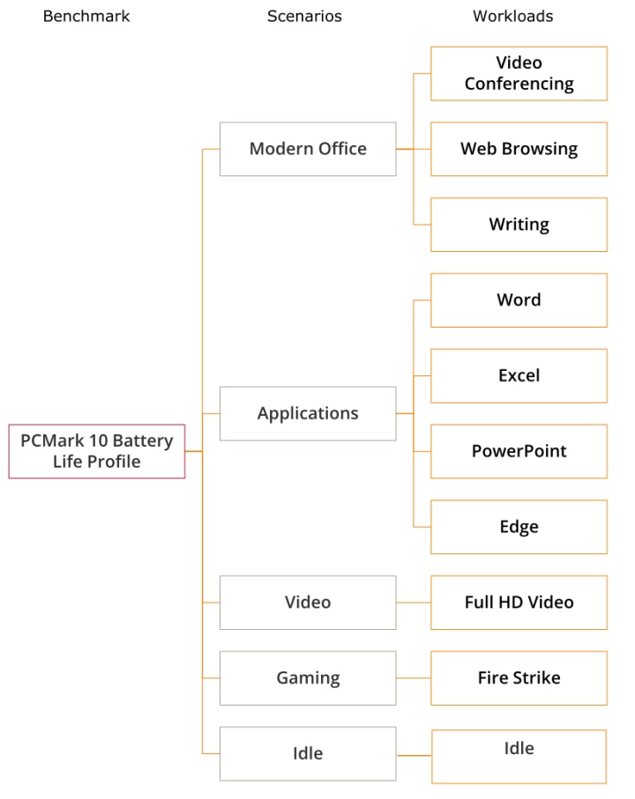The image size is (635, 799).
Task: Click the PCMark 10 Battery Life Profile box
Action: [x=97, y=451]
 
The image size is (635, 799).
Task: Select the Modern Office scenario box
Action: [x=308, y=149]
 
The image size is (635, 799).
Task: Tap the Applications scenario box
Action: [x=308, y=413]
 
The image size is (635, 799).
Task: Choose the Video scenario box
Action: [x=308, y=603]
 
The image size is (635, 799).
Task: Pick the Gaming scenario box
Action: [x=308, y=678]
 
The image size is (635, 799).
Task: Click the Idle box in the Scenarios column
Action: [x=308, y=753]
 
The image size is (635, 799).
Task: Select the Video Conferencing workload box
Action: [x=519, y=73]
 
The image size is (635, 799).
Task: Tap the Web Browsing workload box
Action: [x=519, y=149]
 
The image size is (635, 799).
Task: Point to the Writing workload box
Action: [x=519, y=225]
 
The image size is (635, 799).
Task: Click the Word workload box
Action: [x=519, y=300]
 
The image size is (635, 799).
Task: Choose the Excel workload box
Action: [x=519, y=375]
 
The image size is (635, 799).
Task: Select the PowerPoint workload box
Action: [x=519, y=451]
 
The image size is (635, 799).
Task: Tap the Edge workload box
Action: [x=519, y=527]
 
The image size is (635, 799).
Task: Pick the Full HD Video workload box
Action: [x=519, y=603]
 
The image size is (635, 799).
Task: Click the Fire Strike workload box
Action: [x=519, y=678]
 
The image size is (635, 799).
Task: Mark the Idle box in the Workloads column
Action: [x=519, y=756]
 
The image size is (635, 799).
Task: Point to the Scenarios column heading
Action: [x=304, y=16]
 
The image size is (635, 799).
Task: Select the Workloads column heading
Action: [x=513, y=16]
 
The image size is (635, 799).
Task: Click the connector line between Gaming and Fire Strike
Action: [x=414, y=678]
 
